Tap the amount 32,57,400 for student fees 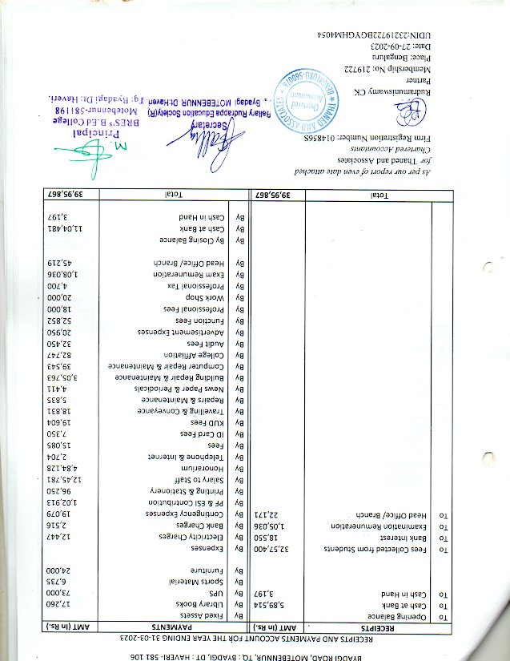(271, 550)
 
